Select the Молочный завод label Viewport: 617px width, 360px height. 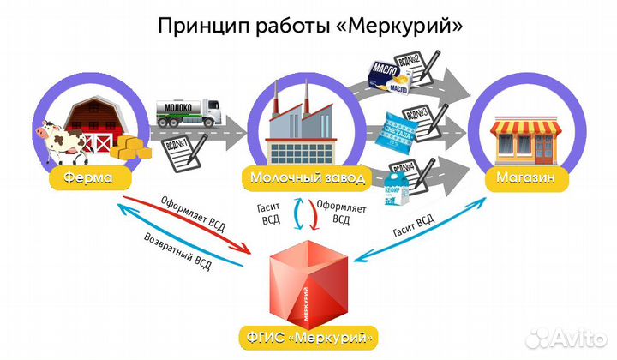307,179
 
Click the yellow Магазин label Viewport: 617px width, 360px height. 524,179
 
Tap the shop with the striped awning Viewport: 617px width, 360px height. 524,141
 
